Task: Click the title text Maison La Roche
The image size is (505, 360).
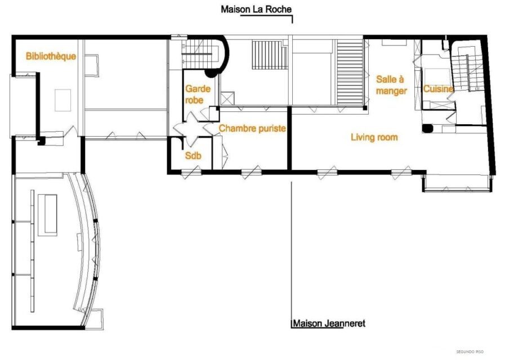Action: coord(256,9)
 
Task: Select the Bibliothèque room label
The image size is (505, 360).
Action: coord(51,56)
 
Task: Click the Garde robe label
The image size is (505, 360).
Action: coord(198,94)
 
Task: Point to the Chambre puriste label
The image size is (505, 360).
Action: coord(252,129)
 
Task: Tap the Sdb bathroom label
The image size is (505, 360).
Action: coord(193,156)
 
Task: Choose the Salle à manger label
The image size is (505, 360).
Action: coord(391,85)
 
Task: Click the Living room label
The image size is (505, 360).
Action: coord(374,137)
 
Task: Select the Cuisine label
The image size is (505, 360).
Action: coord(439,89)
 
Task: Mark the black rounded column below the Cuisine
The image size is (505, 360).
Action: coord(428,128)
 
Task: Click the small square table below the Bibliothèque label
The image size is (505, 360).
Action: coord(62,100)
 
